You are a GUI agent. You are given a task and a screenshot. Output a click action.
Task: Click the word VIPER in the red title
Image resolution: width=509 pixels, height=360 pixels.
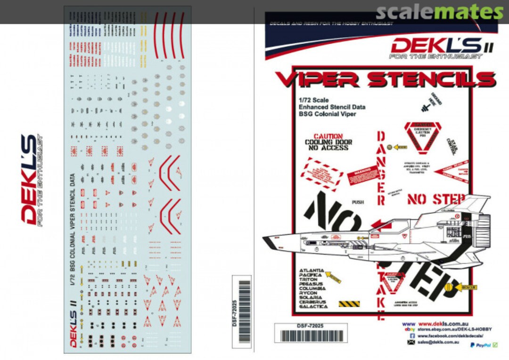point(317,80)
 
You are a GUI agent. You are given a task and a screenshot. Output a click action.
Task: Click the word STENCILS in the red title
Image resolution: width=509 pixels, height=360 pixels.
point(431,80)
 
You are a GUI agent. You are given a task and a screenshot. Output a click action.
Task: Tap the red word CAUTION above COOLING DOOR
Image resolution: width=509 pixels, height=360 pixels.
point(328,136)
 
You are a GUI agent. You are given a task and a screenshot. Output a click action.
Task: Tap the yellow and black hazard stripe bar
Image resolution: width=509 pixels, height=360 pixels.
point(349,304)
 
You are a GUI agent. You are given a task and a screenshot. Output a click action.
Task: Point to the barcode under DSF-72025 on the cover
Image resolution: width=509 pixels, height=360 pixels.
point(311,336)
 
